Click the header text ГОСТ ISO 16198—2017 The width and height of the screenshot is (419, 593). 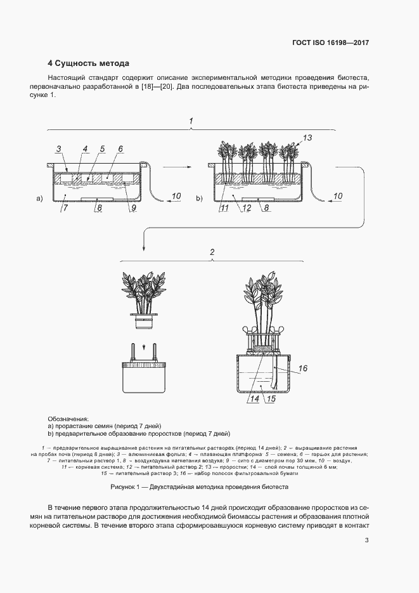click(330, 44)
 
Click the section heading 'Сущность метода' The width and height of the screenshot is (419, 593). click(92, 63)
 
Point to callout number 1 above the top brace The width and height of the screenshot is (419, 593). click(191, 120)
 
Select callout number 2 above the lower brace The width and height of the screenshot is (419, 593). click(212, 252)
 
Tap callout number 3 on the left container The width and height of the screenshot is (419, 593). click(58, 149)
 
